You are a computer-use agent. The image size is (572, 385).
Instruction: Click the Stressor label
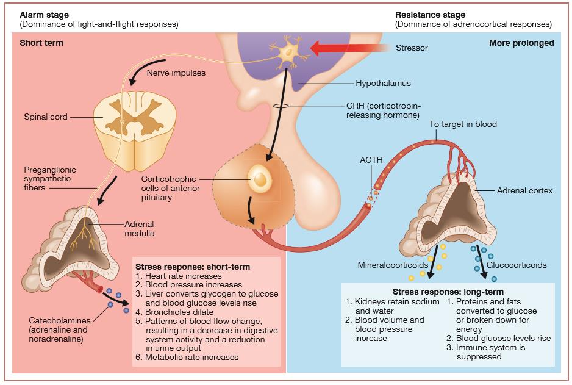(412, 48)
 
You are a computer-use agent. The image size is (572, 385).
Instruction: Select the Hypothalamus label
(384, 83)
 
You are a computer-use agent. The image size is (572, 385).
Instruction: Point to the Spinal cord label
(46, 117)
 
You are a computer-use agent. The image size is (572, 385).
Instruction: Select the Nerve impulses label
(176, 73)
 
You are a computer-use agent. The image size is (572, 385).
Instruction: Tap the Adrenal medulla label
(140, 228)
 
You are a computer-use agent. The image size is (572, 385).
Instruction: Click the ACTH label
(371, 160)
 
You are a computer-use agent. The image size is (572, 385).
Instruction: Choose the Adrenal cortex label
(524, 191)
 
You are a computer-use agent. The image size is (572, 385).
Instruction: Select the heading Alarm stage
(43, 15)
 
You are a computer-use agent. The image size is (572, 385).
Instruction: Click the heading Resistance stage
(431, 15)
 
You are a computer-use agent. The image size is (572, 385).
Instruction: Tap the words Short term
(41, 43)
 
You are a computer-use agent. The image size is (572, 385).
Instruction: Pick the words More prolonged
(521, 43)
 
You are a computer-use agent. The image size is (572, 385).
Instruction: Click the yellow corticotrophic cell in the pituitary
(260, 178)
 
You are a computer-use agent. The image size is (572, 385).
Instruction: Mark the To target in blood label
(463, 124)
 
